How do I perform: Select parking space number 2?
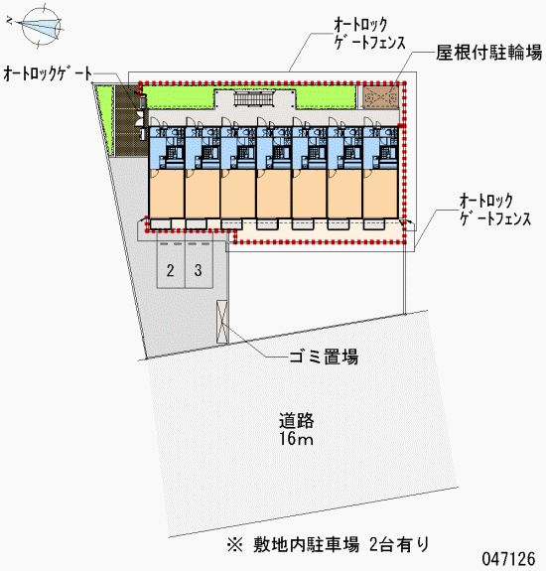click(x=171, y=270)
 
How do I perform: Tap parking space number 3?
click(x=199, y=270)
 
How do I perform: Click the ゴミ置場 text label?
click(x=324, y=357)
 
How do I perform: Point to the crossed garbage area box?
click(x=221, y=322)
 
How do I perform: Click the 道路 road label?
click(x=297, y=421)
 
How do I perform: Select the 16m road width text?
click(x=296, y=439)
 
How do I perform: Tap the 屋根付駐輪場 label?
click(x=488, y=53)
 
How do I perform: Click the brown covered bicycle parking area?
click(x=381, y=97)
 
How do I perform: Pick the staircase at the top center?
click(x=253, y=98)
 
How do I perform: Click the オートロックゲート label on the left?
click(x=48, y=73)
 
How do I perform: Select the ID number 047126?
click(x=509, y=558)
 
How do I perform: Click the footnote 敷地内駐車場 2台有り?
click(x=328, y=545)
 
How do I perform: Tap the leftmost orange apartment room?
click(x=167, y=194)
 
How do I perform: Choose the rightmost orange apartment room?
click(x=380, y=194)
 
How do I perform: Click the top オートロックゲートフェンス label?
click(x=369, y=34)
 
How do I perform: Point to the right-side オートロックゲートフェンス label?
click(x=495, y=210)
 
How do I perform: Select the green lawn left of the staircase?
click(x=178, y=97)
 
